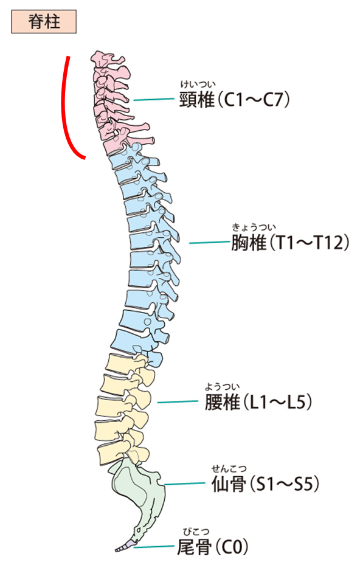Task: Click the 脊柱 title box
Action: (x=44, y=22)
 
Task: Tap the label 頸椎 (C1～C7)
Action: (x=235, y=100)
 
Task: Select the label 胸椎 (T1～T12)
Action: (x=290, y=242)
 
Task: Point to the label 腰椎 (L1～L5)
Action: (x=258, y=402)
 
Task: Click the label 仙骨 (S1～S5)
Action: (x=265, y=484)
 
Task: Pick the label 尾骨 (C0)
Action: (x=213, y=547)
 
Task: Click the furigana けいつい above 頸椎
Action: (x=198, y=85)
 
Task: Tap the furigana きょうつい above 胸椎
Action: (x=254, y=227)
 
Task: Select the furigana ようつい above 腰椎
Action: (x=222, y=387)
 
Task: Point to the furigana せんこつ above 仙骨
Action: (x=229, y=468)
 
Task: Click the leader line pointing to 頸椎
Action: (x=154, y=100)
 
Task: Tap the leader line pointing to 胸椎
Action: (x=209, y=243)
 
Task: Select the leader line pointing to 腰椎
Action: (x=178, y=402)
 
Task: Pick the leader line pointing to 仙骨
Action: (x=184, y=484)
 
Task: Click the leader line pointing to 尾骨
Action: (x=154, y=547)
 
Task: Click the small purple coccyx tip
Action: (x=124, y=546)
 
